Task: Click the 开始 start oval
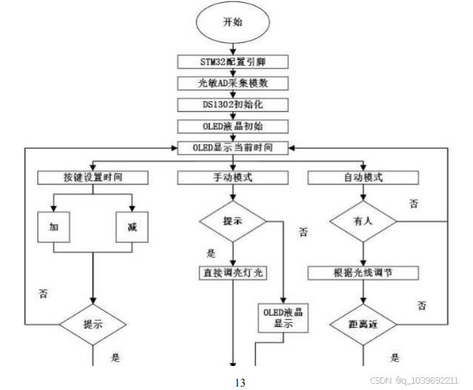(232, 23)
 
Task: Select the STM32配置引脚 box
(232, 61)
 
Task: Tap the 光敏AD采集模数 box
(232, 83)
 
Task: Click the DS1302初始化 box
(232, 105)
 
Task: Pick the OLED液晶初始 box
(232, 126)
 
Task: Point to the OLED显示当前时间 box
(232, 148)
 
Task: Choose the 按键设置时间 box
(93, 177)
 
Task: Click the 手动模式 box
(232, 177)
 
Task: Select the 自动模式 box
(363, 177)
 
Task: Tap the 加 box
(54, 227)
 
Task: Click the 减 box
(132, 227)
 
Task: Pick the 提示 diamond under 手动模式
(232, 222)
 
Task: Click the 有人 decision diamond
(363, 222)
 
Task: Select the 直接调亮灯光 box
(232, 272)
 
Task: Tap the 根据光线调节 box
(363, 272)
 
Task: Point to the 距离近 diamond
(363, 324)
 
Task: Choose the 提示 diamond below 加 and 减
(93, 324)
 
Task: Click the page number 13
(239, 382)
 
